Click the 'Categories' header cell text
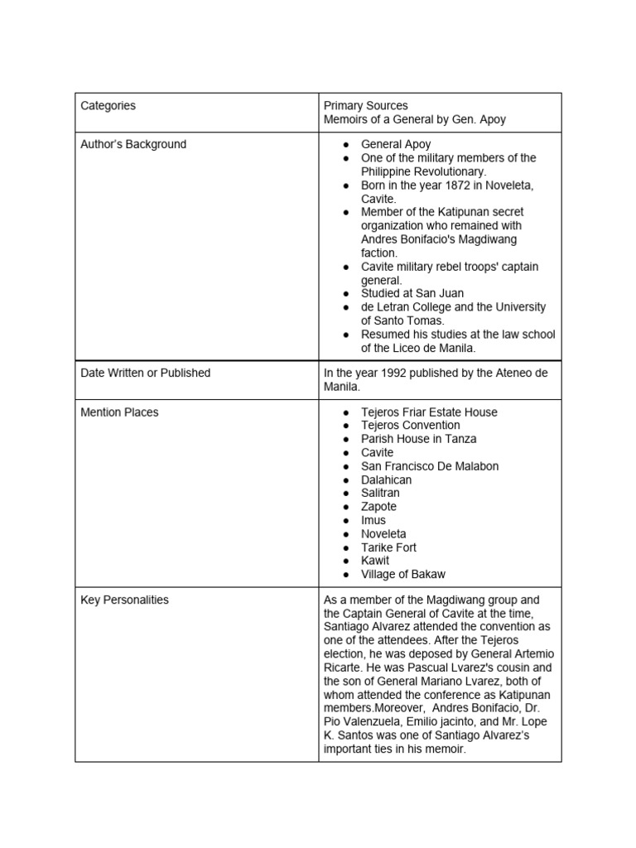tap(108, 106)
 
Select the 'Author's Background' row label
tap(133, 144)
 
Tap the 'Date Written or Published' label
tap(146, 373)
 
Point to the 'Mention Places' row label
tap(120, 412)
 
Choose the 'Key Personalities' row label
tap(125, 600)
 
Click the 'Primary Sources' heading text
tap(365, 106)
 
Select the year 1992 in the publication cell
tap(388, 373)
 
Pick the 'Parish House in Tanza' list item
tap(418, 439)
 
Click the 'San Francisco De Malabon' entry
tap(430, 466)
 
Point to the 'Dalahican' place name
tap(386, 479)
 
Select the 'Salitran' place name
tap(380, 493)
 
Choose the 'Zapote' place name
tap(378, 507)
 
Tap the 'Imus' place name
tap(373, 520)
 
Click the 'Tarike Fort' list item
tap(388, 547)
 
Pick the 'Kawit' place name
tap(375, 561)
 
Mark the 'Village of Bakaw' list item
tap(403, 574)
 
